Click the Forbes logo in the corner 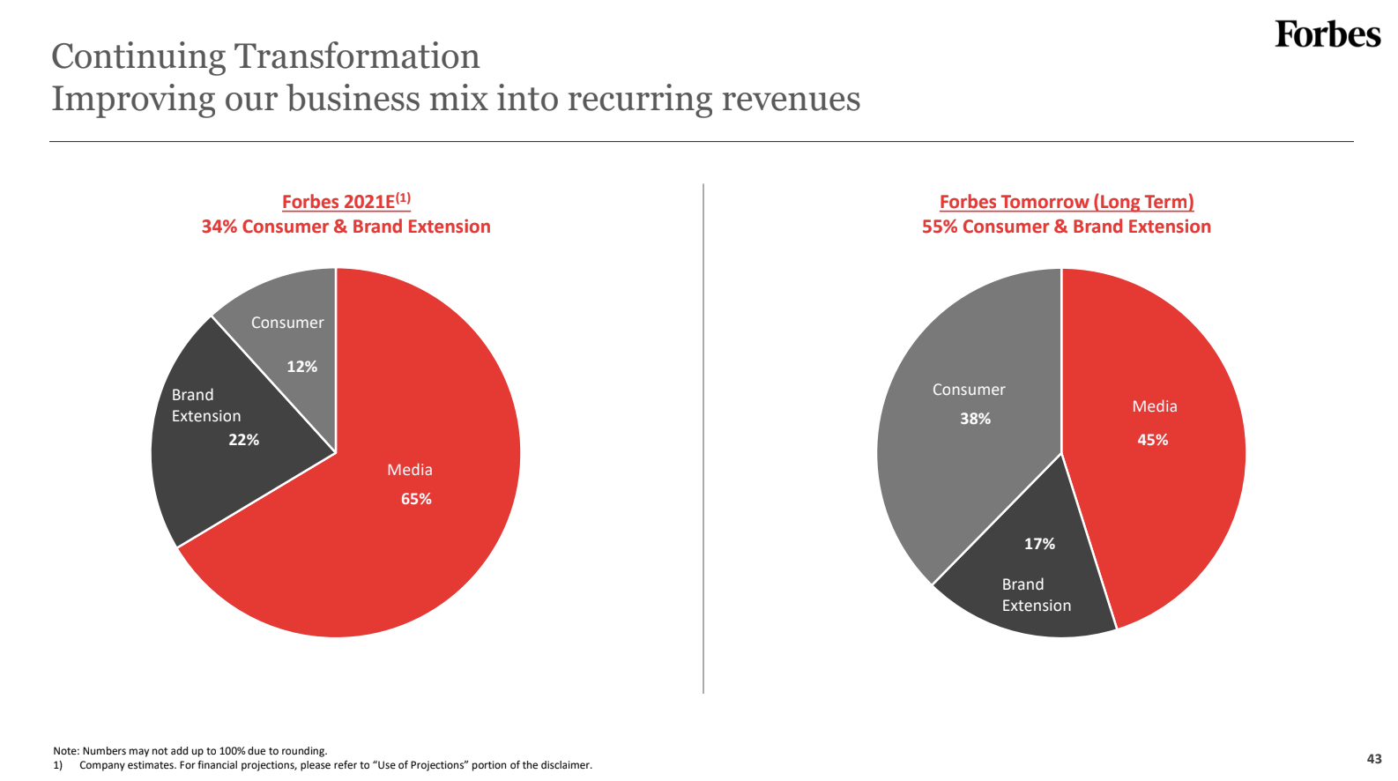click(x=1327, y=34)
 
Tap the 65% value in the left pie click(x=416, y=499)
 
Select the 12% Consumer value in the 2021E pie click(x=301, y=367)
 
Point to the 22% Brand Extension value click(x=243, y=440)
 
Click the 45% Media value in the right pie click(x=1152, y=440)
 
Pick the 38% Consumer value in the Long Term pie click(x=975, y=419)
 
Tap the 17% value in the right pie click(x=1039, y=544)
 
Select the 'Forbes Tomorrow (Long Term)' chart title click(x=1066, y=202)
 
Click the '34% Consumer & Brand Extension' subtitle click(x=346, y=227)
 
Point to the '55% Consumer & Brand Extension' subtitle click(x=1066, y=227)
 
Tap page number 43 click(x=1374, y=759)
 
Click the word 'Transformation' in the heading click(x=357, y=56)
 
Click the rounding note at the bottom click(x=190, y=751)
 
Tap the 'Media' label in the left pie click(x=410, y=470)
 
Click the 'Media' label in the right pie click(x=1155, y=406)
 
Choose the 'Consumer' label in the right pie click(x=969, y=390)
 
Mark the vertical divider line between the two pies click(x=703, y=441)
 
